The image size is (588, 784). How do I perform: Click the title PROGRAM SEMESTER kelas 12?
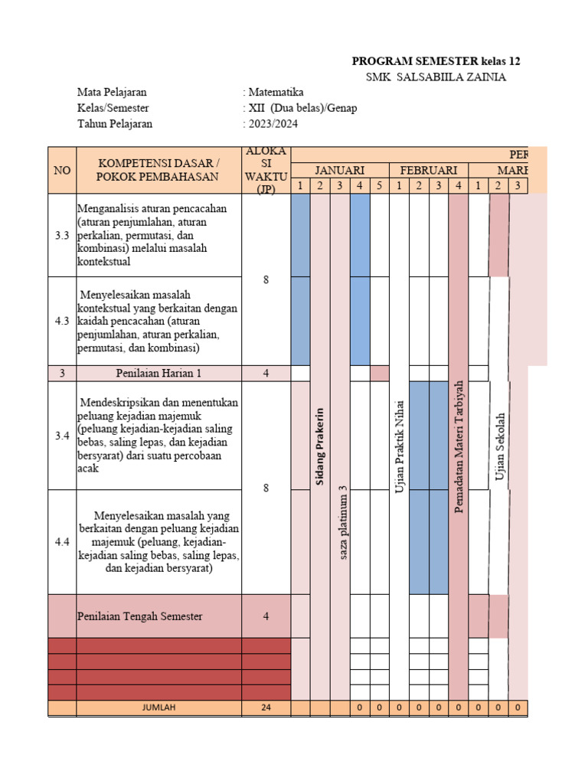pyautogui.click(x=436, y=61)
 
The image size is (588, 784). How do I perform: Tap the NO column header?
pyautogui.click(x=62, y=170)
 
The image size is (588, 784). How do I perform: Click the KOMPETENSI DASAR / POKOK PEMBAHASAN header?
pyautogui.click(x=158, y=170)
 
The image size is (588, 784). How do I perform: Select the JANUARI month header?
pyautogui.click(x=340, y=170)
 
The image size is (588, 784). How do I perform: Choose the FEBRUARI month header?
pyautogui.click(x=429, y=170)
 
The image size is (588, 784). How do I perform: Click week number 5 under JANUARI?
pyautogui.click(x=380, y=186)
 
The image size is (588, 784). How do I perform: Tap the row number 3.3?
pyautogui.click(x=62, y=236)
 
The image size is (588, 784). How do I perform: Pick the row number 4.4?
pyautogui.click(x=62, y=542)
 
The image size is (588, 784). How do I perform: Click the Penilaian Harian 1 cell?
pyautogui.click(x=158, y=374)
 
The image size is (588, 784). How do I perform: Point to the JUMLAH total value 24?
pyautogui.click(x=266, y=708)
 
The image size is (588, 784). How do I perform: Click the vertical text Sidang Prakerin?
pyautogui.click(x=320, y=446)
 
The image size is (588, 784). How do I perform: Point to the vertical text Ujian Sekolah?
pyautogui.click(x=499, y=446)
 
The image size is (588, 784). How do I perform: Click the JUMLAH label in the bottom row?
pyautogui.click(x=158, y=708)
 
